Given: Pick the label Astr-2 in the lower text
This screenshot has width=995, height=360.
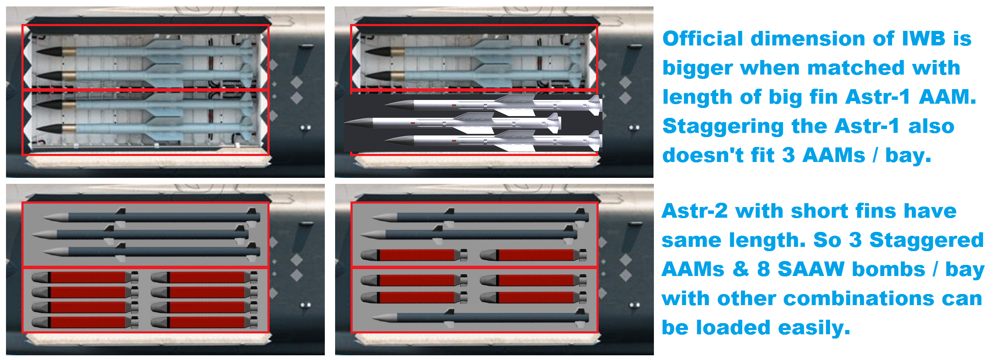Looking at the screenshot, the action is pyautogui.click(x=694, y=211).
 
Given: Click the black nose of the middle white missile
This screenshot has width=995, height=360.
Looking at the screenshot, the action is pyautogui.click(x=358, y=123).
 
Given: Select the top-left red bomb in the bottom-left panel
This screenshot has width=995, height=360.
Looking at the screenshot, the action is pyautogui.click(x=85, y=277).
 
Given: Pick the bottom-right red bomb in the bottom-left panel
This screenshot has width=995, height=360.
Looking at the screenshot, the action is pyautogui.click(x=204, y=322).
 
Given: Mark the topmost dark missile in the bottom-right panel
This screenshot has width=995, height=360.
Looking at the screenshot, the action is pyautogui.click(x=480, y=217).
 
